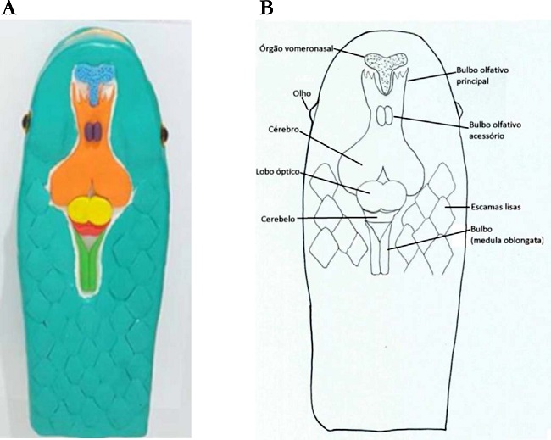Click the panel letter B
(266, 8)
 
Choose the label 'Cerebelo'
(280, 218)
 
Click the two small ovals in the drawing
(385, 114)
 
